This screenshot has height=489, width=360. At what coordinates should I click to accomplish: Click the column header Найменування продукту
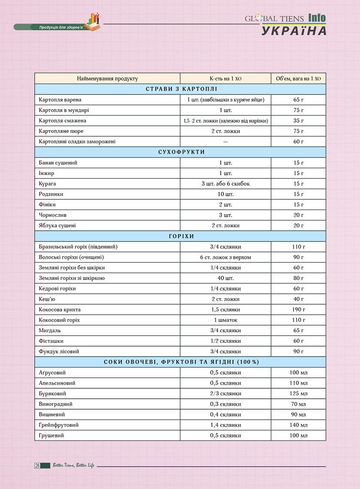tap(107, 79)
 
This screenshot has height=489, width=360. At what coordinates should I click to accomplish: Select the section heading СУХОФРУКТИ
tap(180, 152)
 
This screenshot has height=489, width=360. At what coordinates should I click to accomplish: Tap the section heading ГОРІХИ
tap(180, 236)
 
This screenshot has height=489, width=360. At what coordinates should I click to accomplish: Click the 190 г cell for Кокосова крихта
tap(298, 309)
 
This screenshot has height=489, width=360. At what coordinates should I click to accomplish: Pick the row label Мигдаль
tap(50, 330)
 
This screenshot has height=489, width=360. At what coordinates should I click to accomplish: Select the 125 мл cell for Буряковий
tap(298, 393)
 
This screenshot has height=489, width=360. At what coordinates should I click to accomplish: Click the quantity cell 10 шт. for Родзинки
tap(225, 194)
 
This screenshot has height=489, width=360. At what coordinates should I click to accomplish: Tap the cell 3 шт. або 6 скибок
tap(225, 184)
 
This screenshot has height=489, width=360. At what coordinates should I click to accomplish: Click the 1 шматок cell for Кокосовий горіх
tap(225, 320)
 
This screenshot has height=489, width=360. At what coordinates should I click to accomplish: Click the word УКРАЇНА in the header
tap(294, 31)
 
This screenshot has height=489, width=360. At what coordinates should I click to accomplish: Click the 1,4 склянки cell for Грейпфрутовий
tap(225, 425)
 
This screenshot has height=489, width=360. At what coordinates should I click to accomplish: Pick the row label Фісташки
tap(51, 341)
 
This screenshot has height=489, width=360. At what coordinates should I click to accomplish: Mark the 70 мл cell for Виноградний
tap(298, 404)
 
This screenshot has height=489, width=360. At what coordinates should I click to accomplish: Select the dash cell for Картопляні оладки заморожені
tap(225, 142)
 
